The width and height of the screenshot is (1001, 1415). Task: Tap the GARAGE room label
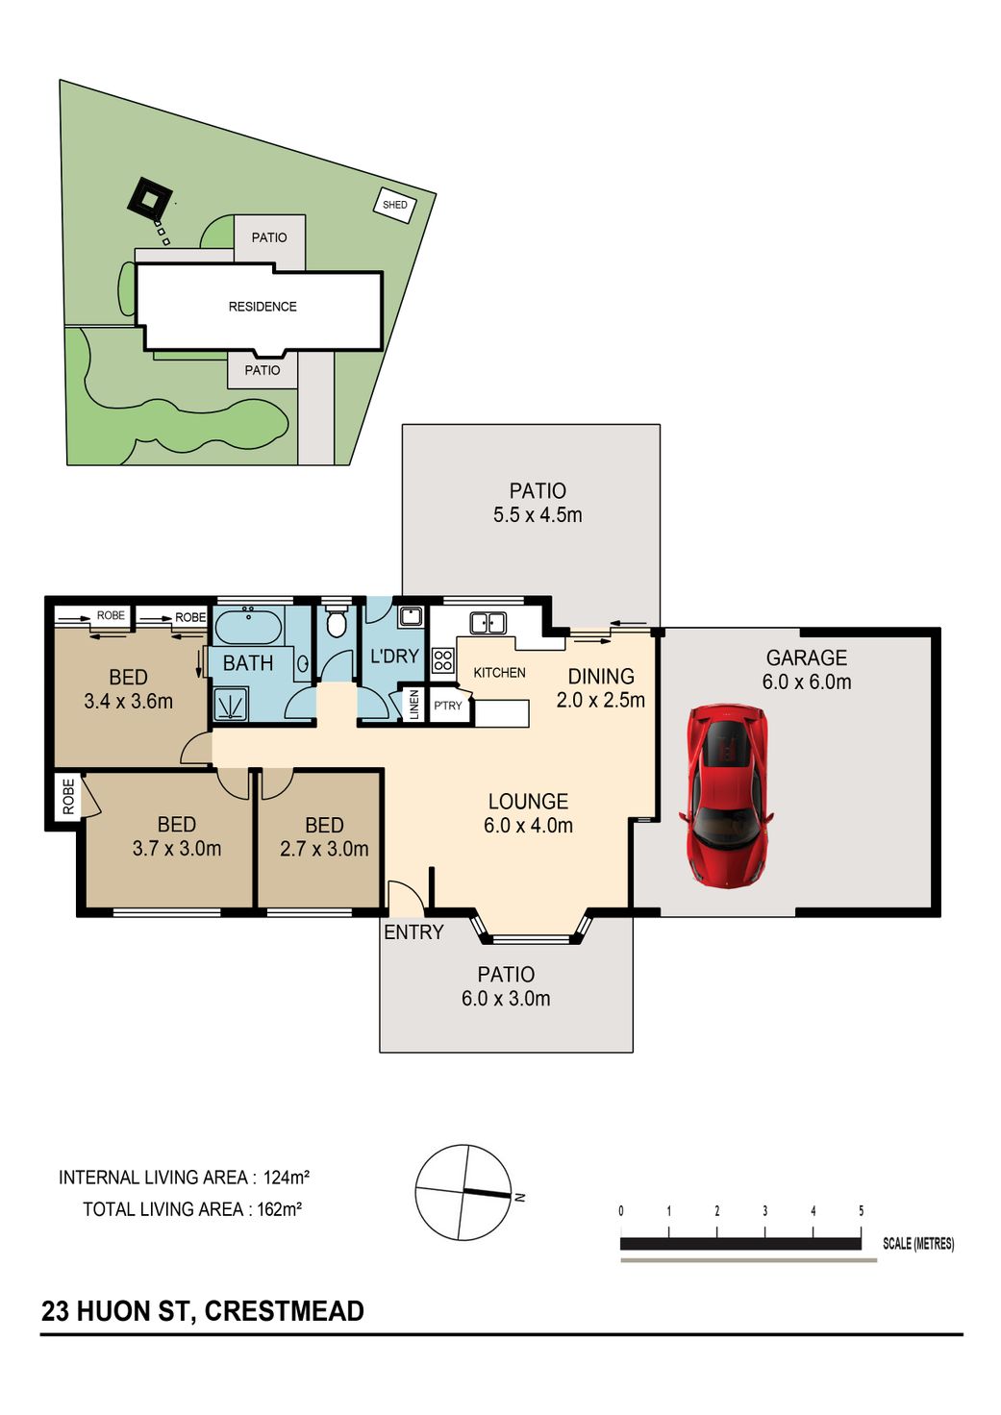[x=807, y=658]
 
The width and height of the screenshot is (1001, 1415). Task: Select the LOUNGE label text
[x=528, y=802]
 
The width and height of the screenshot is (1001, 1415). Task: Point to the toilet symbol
[x=335, y=622]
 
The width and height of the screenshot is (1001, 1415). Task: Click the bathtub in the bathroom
[x=248, y=627]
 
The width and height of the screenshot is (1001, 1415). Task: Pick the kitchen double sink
[x=488, y=623]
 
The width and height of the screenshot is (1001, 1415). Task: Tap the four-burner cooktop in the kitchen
[x=442, y=660]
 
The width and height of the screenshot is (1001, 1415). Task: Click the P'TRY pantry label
[x=447, y=706]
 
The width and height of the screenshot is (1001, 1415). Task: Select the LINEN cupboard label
[x=414, y=705]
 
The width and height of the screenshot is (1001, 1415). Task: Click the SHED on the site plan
[x=395, y=205]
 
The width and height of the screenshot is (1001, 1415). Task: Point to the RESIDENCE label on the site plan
[x=263, y=307]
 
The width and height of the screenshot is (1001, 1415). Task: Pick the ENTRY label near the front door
[x=413, y=932]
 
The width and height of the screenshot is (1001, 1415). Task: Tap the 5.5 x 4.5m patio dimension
[x=538, y=515]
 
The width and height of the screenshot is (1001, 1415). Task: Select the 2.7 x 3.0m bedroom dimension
[x=324, y=849]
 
